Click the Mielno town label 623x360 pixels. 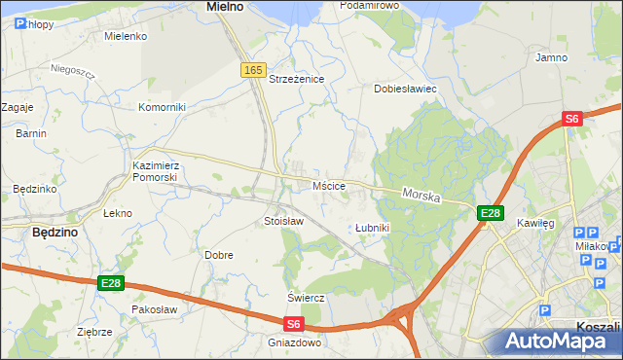tap(225, 7)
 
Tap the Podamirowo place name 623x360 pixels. tap(370, 6)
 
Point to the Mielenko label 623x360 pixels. tap(125, 36)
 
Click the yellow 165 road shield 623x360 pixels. tap(253, 70)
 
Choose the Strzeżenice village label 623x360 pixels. tap(296, 79)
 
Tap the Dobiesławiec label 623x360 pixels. tap(405, 89)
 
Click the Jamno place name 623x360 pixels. tap(551, 57)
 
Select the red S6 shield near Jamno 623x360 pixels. tap(571, 119)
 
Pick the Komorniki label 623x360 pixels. tap(162, 107)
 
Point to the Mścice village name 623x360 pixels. tap(329, 186)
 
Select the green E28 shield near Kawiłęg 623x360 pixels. tap(490, 213)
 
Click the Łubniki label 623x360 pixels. tap(372, 228)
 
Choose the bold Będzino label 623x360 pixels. tap(55, 234)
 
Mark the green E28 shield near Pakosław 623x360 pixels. tap(111, 283)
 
